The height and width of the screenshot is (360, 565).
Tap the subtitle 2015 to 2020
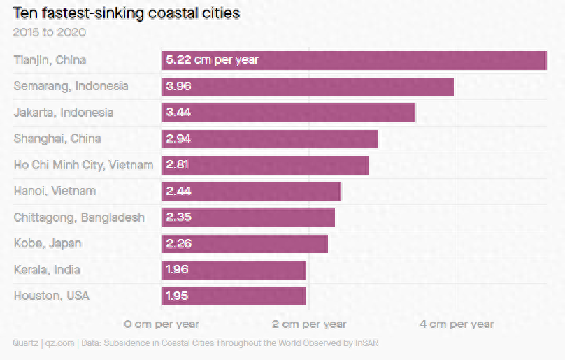[x=49, y=32]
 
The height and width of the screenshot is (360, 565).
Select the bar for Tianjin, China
[x=354, y=60]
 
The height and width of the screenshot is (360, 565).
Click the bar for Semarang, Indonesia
[x=308, y=87]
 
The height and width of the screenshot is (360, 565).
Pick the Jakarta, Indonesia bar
[x=289, y=113]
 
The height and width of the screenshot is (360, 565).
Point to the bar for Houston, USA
[x=234, y=296]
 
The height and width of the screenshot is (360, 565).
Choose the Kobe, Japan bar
[x=245, y=243]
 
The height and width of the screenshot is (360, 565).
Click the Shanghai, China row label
[x=57, y=138]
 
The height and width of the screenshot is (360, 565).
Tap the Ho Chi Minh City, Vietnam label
[x=83, y=165]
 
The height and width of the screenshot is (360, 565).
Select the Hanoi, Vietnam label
[x=55, y=191]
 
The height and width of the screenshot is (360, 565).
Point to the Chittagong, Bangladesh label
[x=79, y=217]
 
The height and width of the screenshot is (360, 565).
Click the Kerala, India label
[x=47, y=270]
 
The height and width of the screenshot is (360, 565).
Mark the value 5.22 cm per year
[x=212, y=60]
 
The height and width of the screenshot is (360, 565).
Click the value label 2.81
[x=178, y=165]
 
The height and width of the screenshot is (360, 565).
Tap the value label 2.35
[x=178, y=217]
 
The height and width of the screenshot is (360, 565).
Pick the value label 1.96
[x=177, y=270]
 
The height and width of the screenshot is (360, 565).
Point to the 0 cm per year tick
[x=162, y=324]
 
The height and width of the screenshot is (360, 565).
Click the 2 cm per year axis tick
[x=308, y=324]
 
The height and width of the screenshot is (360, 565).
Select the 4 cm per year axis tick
[x=456, y=324]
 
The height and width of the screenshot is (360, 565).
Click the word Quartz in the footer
[x=25, y=343]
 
